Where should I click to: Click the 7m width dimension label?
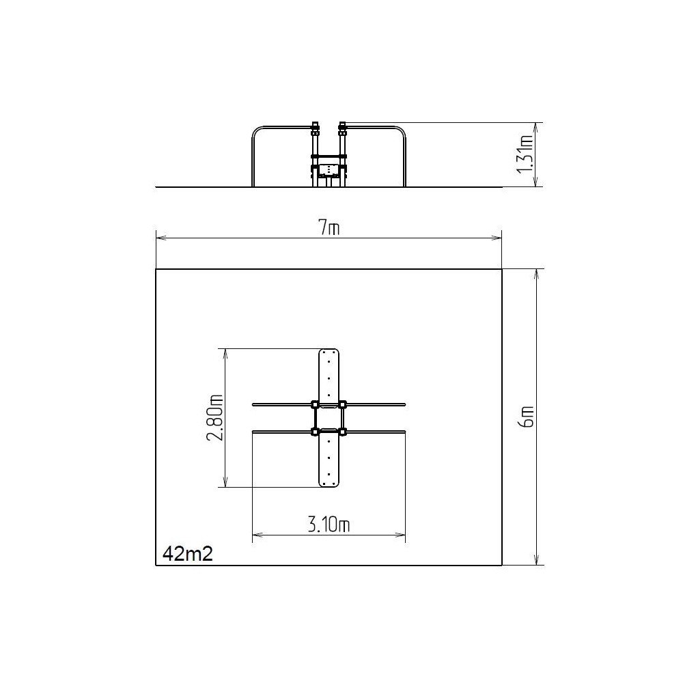tap(329, 227)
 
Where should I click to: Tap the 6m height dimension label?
tap(527, 417)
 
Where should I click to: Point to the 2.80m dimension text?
tap(215, 418)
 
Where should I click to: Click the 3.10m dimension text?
tap(329, 525)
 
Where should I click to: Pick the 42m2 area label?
tap(188, 554)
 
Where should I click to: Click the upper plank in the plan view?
tap(329, 378)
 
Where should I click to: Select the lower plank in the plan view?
tap(329, 458)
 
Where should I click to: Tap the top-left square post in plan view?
tap(314, 404)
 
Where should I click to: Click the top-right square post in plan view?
tap(343, 404)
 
